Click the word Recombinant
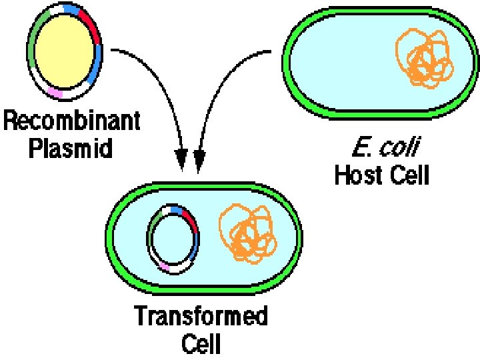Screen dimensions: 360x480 tap(73, 123)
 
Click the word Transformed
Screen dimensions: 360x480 tap(201, 316)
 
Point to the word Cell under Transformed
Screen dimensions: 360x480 tap(201, 343)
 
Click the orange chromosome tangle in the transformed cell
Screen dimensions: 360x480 tap(248, 233)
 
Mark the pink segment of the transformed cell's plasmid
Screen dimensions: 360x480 tap(164, 266)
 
